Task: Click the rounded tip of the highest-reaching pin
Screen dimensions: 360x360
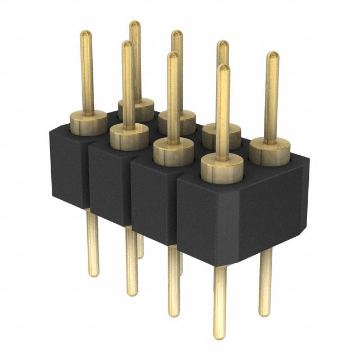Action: pos(134,25)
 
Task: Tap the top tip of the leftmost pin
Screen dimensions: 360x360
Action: pos(85,34)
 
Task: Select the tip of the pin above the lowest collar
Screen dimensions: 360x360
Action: pos(224,69)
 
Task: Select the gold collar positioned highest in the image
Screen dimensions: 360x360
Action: pos(136,106)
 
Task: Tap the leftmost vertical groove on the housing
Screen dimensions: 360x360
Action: pos(88,174)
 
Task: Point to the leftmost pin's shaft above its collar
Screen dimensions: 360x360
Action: pos(86,73)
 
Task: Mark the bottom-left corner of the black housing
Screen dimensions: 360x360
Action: pos(55,197)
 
